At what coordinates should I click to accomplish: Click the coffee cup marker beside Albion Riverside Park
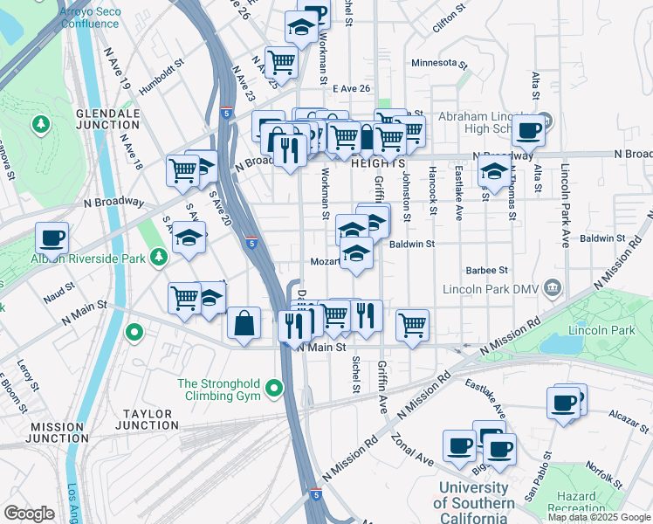(x=52, y=237)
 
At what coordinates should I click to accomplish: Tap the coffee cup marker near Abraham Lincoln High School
(x=528, y=131)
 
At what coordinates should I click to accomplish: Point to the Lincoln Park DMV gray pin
(x=552, y=288)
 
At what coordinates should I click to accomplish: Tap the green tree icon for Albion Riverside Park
(x=158, y=257)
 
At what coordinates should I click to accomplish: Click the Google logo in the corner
(x=30, y=514)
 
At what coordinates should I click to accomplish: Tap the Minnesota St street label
(x=440, y=64)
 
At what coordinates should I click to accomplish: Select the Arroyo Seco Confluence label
(x=89, y=17)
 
